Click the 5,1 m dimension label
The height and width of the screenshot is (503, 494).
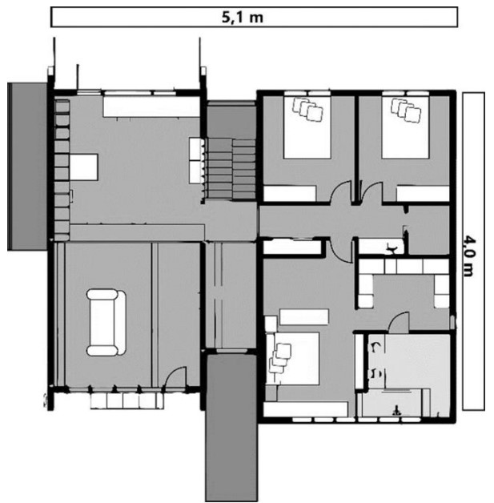(x=243, y=17)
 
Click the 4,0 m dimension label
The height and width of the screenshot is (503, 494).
(x=469, y=256)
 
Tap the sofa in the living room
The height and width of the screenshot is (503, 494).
(x=106, y=323)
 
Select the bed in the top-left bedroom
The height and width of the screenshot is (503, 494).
(x=307, y=127)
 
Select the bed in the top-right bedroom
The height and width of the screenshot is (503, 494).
(x=405, y=127)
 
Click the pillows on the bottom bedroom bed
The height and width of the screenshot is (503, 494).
(x=279, y=358)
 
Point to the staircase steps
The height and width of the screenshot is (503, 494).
(x=230, y=169)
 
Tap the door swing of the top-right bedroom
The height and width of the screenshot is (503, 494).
(x=371, y=192)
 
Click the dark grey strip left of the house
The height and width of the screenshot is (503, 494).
(x=27, y=166)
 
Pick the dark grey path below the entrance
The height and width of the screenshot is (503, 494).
(x=231, y=427)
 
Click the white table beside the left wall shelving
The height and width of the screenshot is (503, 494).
(x=84, y=167)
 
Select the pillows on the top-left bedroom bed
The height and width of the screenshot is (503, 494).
(x=307, y=110)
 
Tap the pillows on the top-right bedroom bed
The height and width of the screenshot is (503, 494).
(x=406, y=110)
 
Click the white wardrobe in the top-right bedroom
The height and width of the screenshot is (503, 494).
(x=423, y=194)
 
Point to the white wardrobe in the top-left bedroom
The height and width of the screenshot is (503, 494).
(x=290, y=194)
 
